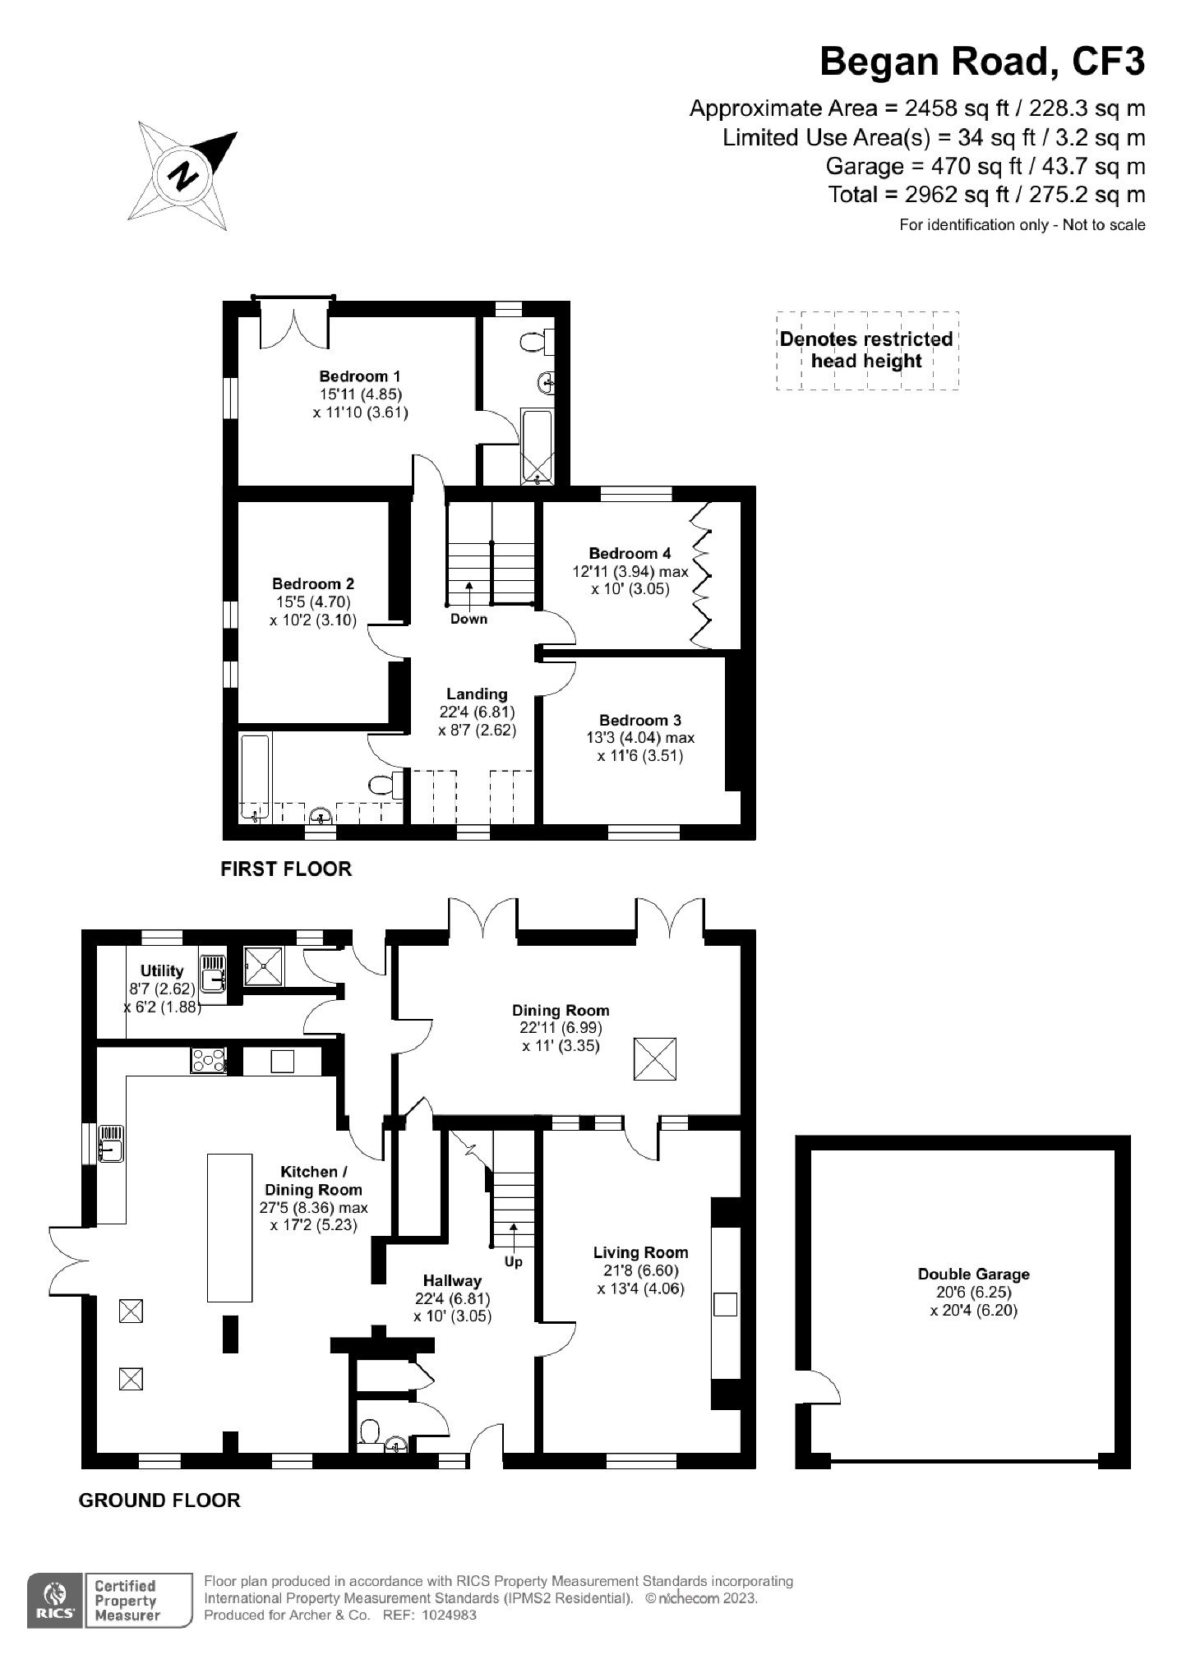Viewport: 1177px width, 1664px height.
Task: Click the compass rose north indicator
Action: click(183, 175)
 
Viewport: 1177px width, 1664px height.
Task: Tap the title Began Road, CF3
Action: click(982, 62)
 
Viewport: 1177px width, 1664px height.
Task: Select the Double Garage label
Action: click(973, 1275)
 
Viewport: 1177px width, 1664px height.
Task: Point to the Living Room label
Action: click(640, 1252)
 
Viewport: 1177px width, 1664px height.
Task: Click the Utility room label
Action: click(162, 971)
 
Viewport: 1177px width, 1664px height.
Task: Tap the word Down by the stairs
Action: click(468, 619)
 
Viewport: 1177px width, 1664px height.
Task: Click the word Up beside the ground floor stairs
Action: click(513, 1261)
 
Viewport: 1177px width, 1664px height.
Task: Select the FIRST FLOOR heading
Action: click(286, 869)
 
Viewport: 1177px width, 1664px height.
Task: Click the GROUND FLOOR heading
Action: click(159, 1500)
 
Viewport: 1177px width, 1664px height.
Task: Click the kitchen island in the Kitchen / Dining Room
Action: click(229, 1228)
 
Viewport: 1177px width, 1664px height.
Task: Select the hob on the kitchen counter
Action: click(209, 1061)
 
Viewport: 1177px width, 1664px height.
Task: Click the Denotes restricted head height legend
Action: click(867, 350)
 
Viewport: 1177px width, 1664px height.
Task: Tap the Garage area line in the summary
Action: click(985, 167)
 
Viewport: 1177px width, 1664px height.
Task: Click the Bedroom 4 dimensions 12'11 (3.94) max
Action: click(630, 571)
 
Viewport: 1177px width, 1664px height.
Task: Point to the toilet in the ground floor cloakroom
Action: click(369, 1432)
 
